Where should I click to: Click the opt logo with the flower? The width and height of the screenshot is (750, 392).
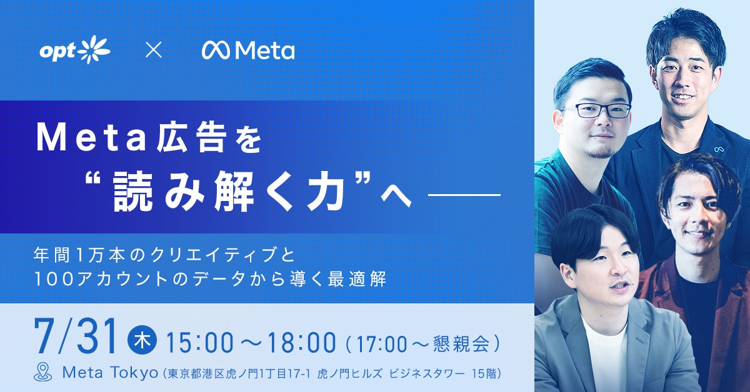(x=74, y=50)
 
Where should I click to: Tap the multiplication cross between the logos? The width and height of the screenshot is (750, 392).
(x=154, y=51)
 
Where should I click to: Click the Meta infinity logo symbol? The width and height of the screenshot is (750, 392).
(x=216, y=51)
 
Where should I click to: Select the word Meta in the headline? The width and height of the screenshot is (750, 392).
(x=91, y=139)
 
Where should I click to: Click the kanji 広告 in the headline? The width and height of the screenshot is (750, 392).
(x=189, y=139)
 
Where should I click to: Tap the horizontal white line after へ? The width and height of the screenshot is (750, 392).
(x=464, y=194)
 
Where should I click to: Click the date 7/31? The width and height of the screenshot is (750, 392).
(x=76, y=336)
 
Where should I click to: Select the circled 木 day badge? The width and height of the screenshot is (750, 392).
(x=142, y=341)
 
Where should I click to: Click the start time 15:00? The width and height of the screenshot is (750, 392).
(x=199, y=343)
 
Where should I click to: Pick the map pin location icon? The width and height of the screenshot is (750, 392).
(x=43, y=372)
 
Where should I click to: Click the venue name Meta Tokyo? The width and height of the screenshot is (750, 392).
(x=110, y=373)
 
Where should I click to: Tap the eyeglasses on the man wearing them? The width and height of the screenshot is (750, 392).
(x=597, y=110)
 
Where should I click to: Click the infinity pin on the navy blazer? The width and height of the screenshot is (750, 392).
(x=717, y=149)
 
